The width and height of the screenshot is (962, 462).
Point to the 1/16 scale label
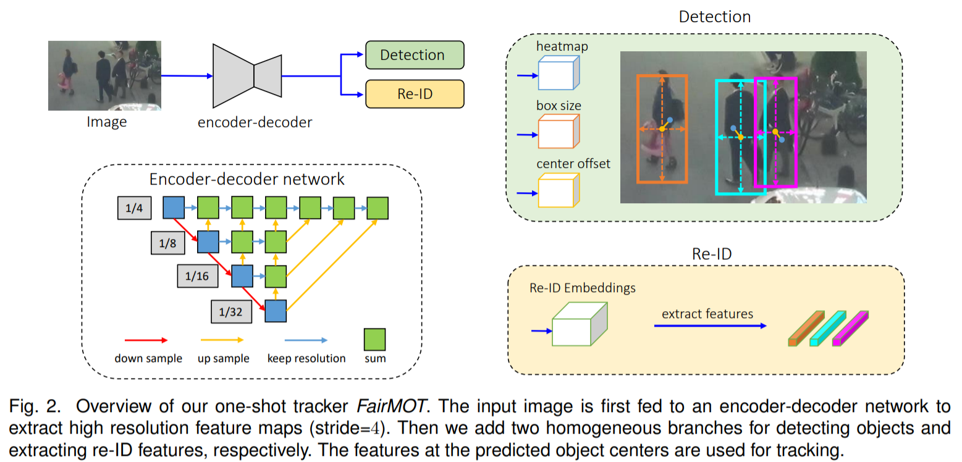click(x=198, y=276)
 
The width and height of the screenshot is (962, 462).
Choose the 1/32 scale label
click(x=232, y=311)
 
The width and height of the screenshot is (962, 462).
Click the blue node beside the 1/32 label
click(x=275, y=311)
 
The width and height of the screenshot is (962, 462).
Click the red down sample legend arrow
click(x=146, y=340)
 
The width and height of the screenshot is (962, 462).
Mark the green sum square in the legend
click(x=374, y=339)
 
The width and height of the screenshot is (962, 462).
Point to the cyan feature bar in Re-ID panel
click(x=828, y=329)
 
